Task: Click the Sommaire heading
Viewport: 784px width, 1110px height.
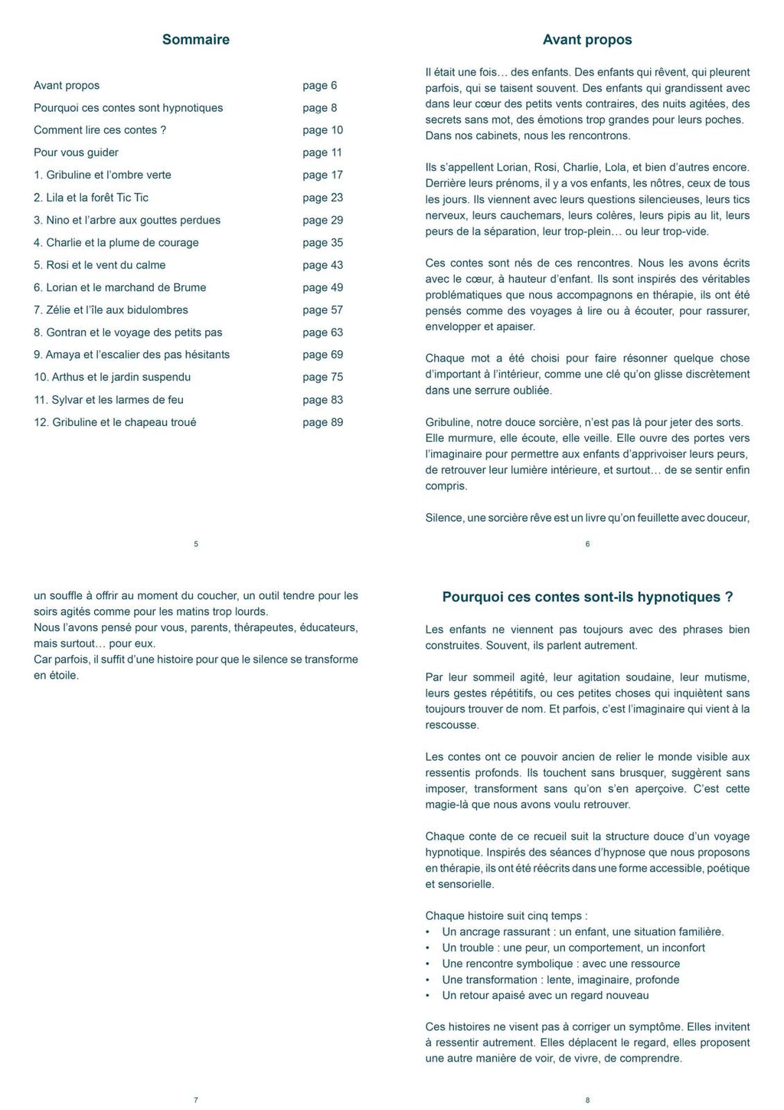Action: pos(195,40)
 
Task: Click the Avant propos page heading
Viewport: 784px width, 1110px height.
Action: pos(587,40)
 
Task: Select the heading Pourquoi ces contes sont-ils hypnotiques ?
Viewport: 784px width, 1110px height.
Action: pos(587,597)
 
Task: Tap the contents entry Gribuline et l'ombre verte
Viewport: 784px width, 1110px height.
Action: pos(103,175)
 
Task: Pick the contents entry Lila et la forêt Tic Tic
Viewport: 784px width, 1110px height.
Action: pos(91,198)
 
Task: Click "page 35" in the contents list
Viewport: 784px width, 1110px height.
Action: pos(322,243)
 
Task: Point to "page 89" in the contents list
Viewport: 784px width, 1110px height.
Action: pos(322,422)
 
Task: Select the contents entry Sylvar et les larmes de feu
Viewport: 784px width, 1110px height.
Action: pos(109,400)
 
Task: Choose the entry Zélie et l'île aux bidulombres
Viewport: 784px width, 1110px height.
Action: pos(111,310)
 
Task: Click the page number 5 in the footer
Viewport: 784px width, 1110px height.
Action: pos(196,544)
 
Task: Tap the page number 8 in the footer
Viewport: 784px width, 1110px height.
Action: pos(587,1100)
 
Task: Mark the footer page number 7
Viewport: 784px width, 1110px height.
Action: pos(196,1100)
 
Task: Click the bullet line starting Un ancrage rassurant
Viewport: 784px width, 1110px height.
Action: pos(583,932)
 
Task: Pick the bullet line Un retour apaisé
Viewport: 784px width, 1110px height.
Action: pos(545,995)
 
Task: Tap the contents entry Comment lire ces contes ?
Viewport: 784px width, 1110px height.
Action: pos(100,130)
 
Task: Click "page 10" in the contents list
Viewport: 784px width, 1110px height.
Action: pos(322,130)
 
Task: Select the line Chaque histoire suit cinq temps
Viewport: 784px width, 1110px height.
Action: pos(506,915)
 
